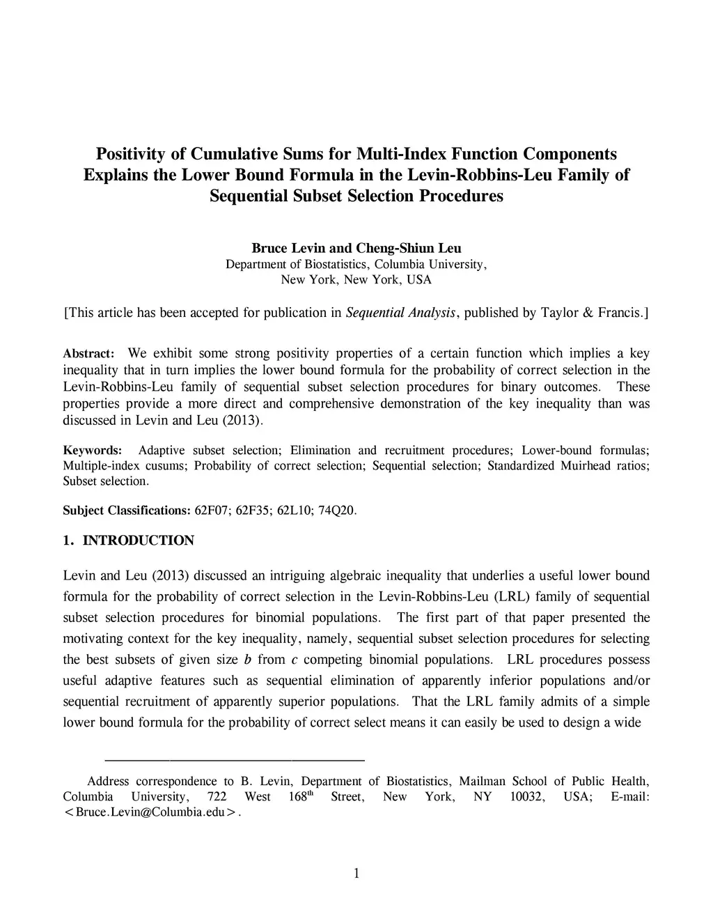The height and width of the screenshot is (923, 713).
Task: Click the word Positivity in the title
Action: click(x=131, y=153)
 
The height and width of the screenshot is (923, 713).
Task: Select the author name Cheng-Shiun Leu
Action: click(x=409, y=249)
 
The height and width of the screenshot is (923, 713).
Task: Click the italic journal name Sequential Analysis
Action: click(x=401, y=313)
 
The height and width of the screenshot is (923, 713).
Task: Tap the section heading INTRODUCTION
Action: click(x=139, y=541)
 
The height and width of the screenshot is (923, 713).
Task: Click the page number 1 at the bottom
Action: click(x=356, y=874)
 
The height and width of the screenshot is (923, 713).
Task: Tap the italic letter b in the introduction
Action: click(x=247, y=660)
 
